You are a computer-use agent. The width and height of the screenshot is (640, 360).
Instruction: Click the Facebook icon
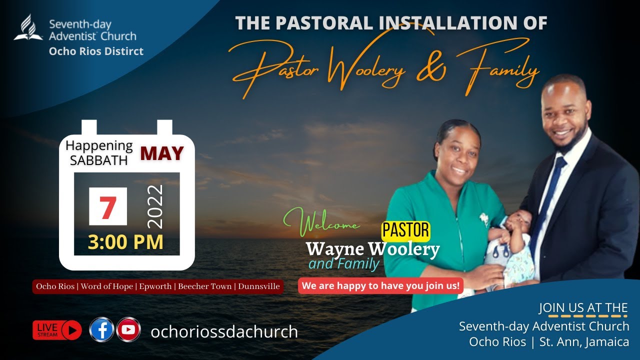coord(101,329)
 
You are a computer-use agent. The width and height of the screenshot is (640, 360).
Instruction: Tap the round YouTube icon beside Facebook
coord(128,329)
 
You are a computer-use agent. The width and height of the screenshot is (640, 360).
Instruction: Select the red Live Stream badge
coord(57,330)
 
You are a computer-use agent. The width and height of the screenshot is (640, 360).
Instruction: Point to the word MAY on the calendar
coord(161,153)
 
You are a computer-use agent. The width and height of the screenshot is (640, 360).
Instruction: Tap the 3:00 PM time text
coord(125,242)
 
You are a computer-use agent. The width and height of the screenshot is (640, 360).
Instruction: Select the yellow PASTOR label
coord(405,230)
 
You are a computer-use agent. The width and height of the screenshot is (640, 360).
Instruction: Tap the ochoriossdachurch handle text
coord(224,331)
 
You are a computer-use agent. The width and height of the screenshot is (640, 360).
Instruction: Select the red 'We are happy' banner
coord(381,286)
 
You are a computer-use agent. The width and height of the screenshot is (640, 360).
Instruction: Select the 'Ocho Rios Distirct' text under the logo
coord(96,51)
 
